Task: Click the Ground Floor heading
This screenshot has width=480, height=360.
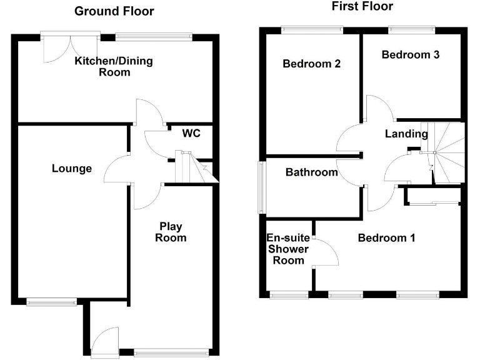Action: click(114, 11)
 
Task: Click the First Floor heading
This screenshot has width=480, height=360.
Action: click(362, 7)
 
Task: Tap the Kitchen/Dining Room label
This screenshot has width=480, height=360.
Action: click(114, 67)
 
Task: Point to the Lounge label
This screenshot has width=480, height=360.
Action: click(72, 169)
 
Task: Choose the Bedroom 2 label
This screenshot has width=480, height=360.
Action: click(311, 64)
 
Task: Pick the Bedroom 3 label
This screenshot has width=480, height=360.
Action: click(411, 54)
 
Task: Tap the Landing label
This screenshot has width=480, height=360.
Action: click(406, 134)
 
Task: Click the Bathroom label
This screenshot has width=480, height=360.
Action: click(312, 172)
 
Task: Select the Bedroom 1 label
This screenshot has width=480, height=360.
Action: click(386, 238)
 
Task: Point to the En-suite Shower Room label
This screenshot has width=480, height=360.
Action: click(287, 249)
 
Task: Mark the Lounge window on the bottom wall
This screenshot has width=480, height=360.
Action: click(52, 302)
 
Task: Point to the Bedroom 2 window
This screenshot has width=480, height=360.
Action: click(312, 29)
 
